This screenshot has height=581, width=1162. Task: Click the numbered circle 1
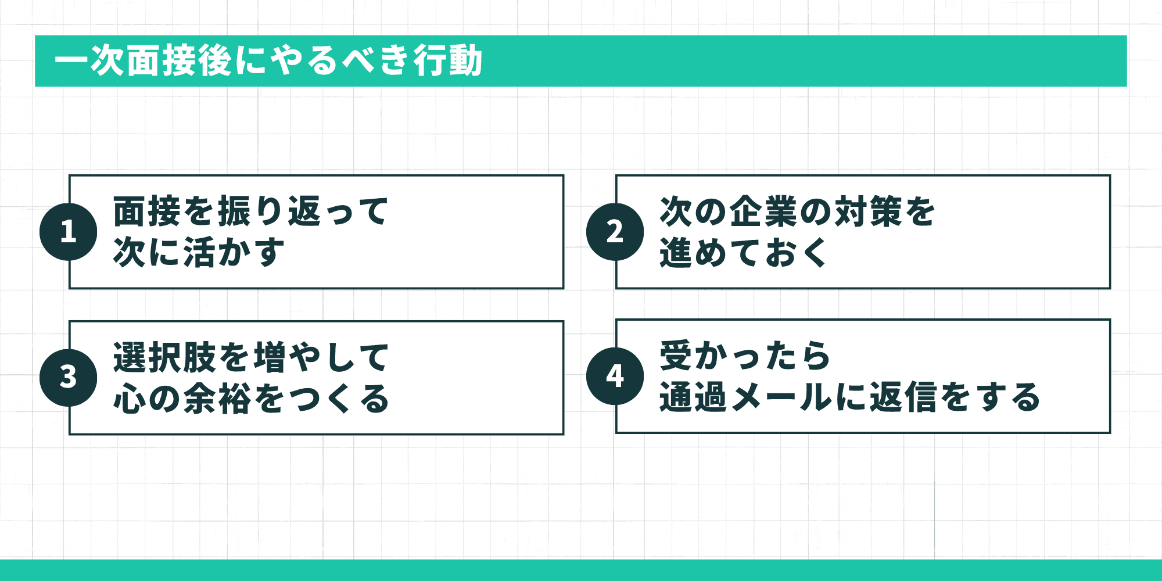tap(69, 232)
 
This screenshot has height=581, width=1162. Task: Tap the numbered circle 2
tap(615, 232)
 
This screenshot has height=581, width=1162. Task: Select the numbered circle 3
tap(69, 377)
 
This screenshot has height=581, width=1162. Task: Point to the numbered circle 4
tap(615, 376)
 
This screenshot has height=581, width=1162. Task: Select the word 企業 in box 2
tap(764, 211)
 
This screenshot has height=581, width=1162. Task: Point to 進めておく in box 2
tap(744, 253)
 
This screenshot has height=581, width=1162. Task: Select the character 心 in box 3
tap(130, 399)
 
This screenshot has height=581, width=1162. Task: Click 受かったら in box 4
tap(745, 356)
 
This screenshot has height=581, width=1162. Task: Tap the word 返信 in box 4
tap(903, 397)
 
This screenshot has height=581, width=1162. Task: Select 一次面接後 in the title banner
tap(143, 61)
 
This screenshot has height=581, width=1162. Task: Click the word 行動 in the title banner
tap(448, 61)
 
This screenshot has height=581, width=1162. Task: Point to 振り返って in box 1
tap(303, 211)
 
